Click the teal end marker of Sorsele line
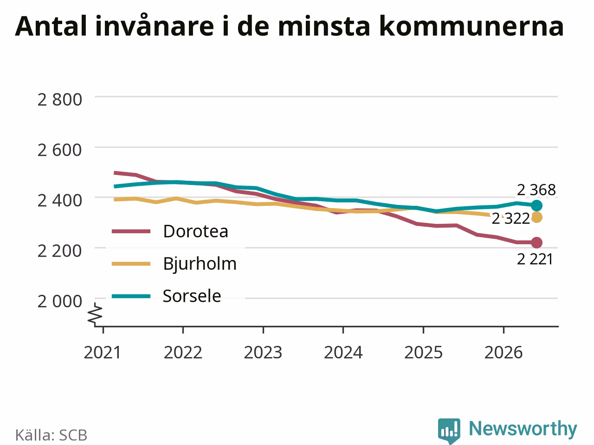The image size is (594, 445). pos(536,206)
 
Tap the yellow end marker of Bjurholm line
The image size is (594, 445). pos(536,217)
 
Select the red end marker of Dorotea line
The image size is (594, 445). pos(536,242)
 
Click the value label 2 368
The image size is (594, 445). pos(536,190)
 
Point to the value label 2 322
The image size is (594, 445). pos(510,219)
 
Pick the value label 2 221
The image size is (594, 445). pos(535,260)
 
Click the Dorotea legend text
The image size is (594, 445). pos(196,231)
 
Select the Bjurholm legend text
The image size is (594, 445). pos(200,264)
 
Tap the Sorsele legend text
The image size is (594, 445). pos(192,296)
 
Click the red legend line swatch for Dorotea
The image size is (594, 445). pos(131,231)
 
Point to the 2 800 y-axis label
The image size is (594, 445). pos(59,99)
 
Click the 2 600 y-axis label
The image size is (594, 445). pos(59,150)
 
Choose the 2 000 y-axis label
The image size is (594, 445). pos(59,301)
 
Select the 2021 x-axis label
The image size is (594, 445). pos(102,352)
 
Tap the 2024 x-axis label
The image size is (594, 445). pos(343,352)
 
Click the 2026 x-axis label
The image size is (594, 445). pos(504,352)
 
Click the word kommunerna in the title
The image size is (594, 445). pos(471,26)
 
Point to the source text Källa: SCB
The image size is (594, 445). pos(51,435)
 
